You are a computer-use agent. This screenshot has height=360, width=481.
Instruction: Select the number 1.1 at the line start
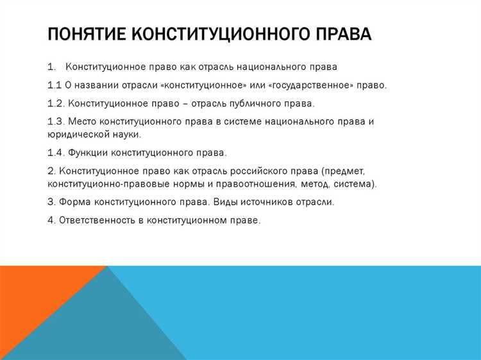click(55, 85)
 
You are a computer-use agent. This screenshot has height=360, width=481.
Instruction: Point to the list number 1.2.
click(56, 103)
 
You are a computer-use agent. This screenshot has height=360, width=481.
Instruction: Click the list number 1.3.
click(56, 121)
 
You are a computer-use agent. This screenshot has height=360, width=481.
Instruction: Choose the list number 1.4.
click(56, 153)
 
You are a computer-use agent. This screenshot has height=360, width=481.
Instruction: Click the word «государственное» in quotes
click(312, 85)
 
